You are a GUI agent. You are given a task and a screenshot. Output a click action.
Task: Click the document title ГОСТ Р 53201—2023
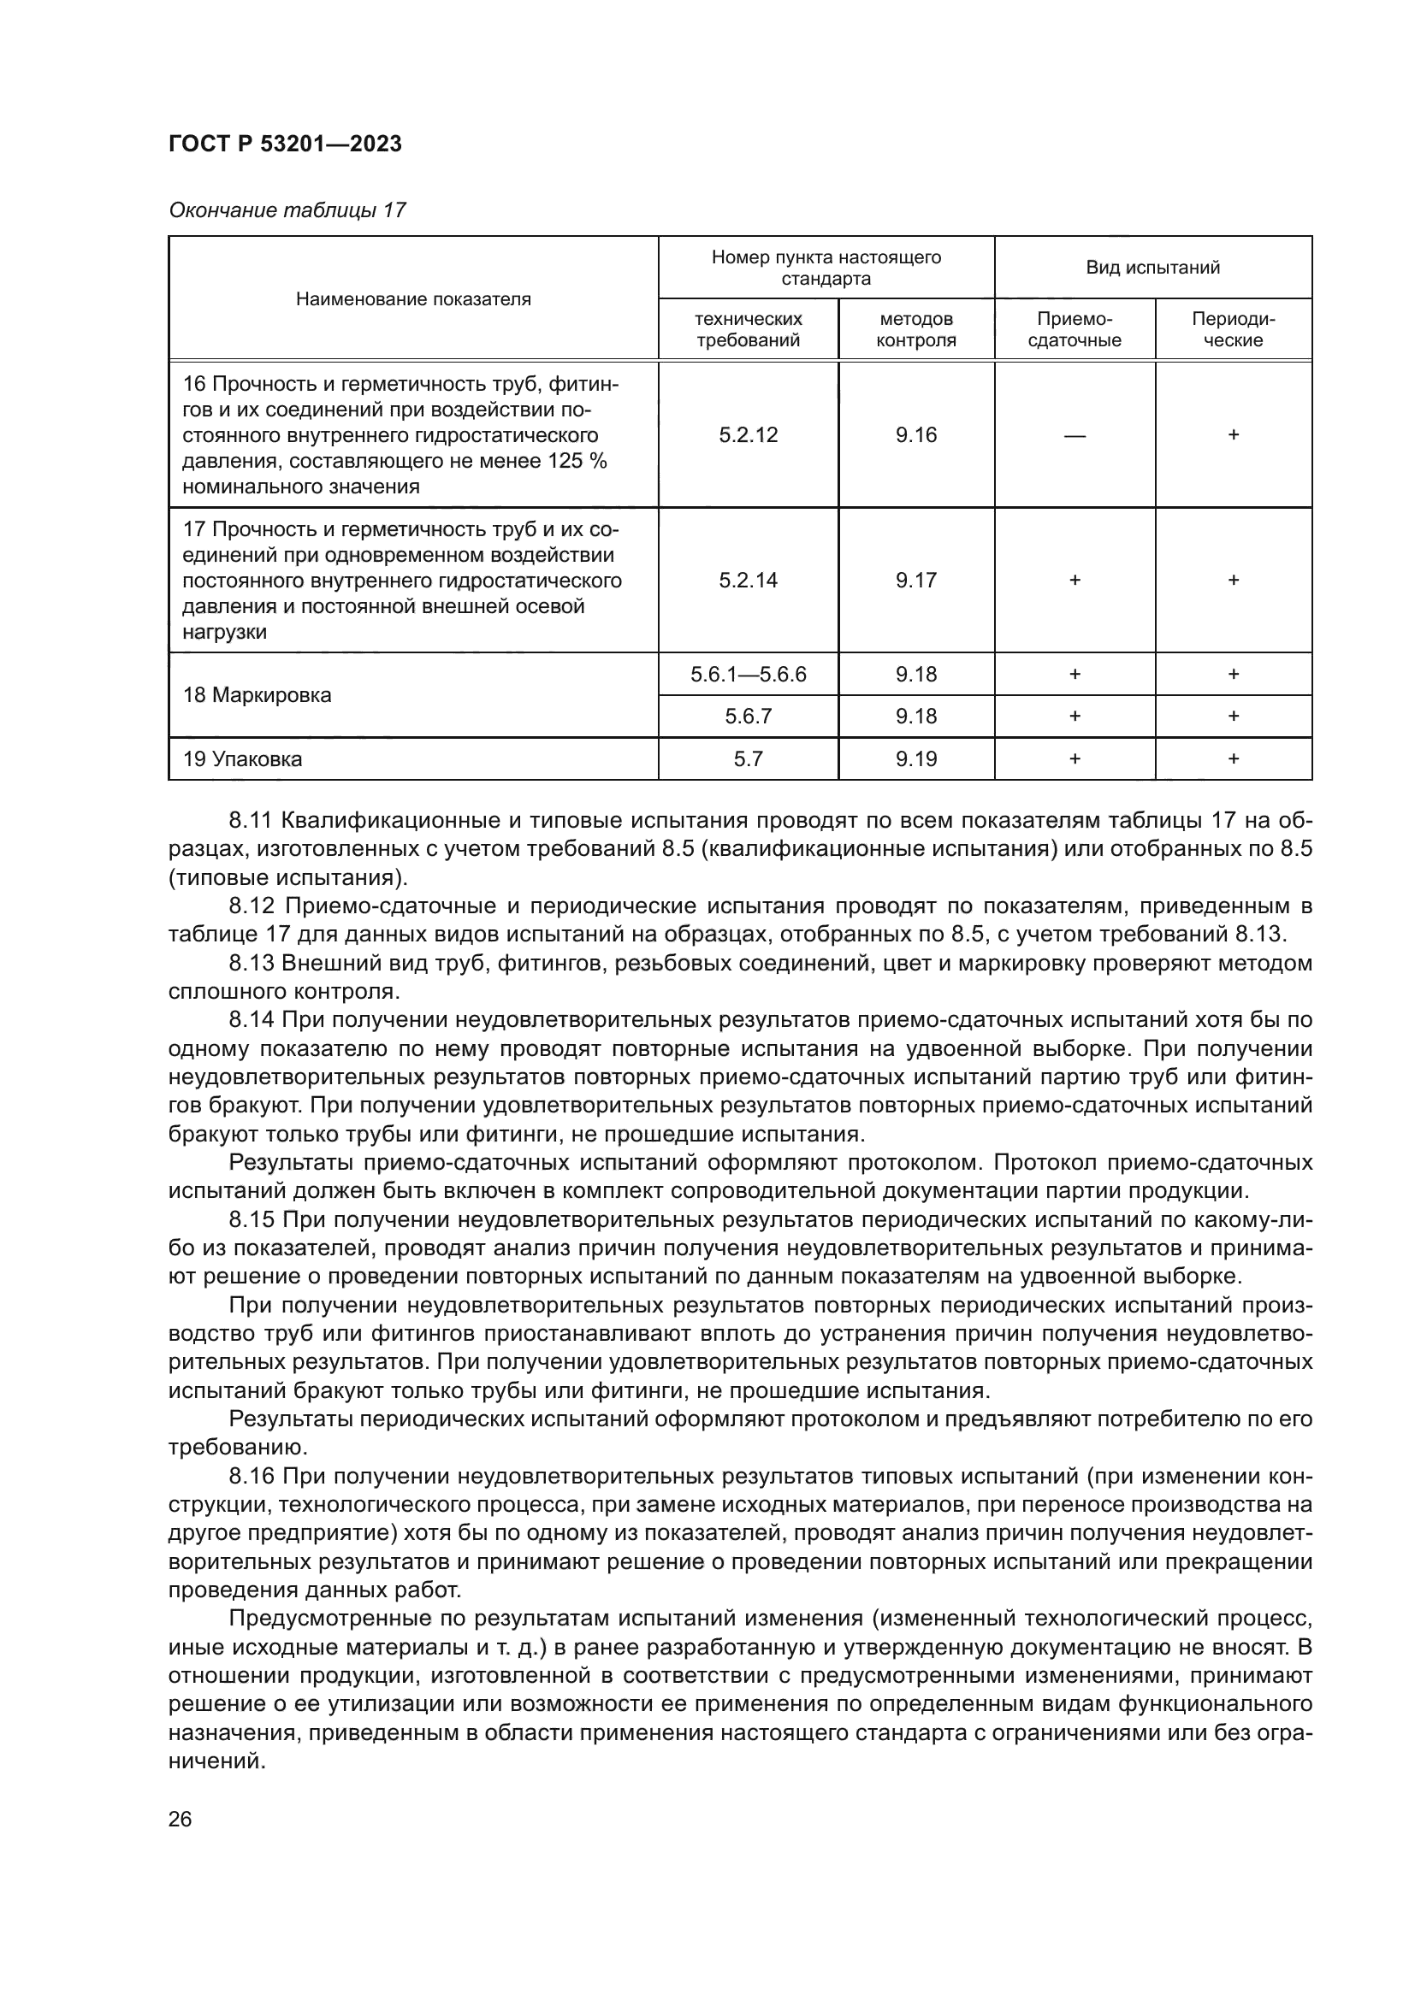point(285,144)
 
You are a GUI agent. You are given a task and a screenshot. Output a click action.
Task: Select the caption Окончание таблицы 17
point(287,210)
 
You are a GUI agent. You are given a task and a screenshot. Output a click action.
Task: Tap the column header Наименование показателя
point(413,299)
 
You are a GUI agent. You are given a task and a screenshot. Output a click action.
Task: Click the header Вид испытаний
point(1152,268)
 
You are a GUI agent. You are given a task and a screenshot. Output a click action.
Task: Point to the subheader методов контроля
point(915,329)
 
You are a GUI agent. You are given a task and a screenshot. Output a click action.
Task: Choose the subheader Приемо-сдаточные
point(1075,329)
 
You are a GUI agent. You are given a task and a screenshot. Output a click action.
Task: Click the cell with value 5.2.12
point(749,434)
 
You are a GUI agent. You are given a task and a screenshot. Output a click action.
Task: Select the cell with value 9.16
point(915,434)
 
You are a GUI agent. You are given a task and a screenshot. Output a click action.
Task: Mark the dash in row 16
point(1075,435)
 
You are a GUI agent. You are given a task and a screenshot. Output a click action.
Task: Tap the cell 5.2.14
point(749,580)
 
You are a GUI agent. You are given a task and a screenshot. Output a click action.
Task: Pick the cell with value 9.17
point(915,580)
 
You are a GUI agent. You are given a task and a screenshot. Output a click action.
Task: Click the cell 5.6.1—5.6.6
point(749,674)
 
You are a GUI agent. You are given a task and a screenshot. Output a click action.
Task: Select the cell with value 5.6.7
point(749,716)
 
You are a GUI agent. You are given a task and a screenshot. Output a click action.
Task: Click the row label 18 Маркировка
point(257,695)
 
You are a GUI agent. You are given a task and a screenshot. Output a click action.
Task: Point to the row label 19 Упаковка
point(242,758)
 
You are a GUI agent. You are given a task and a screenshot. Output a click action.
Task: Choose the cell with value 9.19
point(915,758)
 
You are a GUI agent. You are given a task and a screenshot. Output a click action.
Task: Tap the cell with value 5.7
point(749,758)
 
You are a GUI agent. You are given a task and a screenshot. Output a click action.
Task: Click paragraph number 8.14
point(251,1020)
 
